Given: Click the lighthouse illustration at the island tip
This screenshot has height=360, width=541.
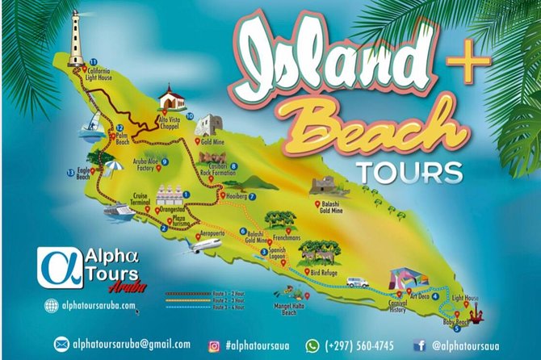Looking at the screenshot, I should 78,40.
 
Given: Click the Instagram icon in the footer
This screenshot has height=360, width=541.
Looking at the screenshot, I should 215,345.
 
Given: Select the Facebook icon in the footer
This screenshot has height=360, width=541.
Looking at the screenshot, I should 419,345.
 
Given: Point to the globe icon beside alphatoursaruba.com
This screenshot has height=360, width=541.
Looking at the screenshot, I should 52,306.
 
